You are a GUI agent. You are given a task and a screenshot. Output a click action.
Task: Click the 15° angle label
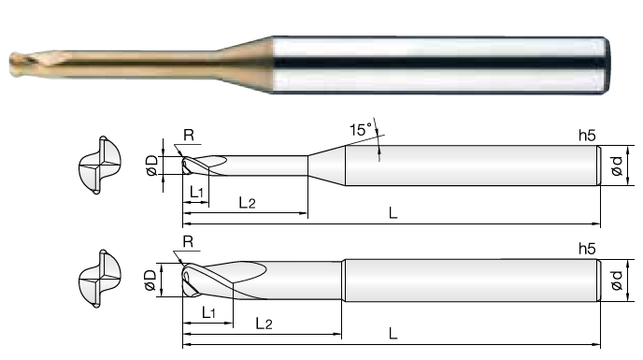point(361,129)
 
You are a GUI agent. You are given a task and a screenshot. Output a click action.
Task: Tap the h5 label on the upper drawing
point(587,135)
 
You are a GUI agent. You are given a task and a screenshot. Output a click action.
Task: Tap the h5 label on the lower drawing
point(587,249)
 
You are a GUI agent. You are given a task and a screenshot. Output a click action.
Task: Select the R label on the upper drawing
point(189,135)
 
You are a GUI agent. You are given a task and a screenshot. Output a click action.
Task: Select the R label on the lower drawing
point(188,241)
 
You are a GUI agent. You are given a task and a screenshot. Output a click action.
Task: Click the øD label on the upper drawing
point(151,166)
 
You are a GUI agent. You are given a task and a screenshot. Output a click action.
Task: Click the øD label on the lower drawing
point(150,280)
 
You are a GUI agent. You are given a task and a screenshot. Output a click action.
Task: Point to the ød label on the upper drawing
point(617,166)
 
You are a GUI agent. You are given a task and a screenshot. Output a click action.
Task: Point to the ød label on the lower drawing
point(617,280)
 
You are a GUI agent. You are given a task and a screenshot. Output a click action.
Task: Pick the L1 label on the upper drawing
point(196,192)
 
